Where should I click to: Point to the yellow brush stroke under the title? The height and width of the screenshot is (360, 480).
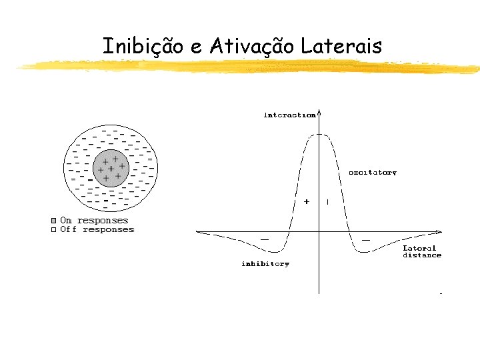point(247,65)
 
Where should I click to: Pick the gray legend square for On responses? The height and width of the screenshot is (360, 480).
point(54,221)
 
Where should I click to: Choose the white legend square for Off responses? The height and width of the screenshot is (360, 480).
point(54,230)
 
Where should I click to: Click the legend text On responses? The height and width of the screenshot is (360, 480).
point(94,221)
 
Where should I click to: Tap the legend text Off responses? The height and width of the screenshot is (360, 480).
point(97,230)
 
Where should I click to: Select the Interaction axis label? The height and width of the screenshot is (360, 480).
point(290,115)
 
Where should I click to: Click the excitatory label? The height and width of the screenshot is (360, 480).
point(373,173)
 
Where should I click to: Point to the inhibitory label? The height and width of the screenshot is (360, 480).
point(265,264)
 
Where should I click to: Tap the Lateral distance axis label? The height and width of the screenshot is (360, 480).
point(421,251)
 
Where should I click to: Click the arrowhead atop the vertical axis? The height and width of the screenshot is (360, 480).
point(320,112)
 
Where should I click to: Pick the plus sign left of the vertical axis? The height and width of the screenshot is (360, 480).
point(307,201)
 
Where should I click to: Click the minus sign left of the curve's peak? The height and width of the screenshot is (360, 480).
point(265,239)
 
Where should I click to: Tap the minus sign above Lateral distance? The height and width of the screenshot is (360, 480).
point(366,239)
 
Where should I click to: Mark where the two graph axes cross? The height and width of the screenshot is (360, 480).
point(319,231)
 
